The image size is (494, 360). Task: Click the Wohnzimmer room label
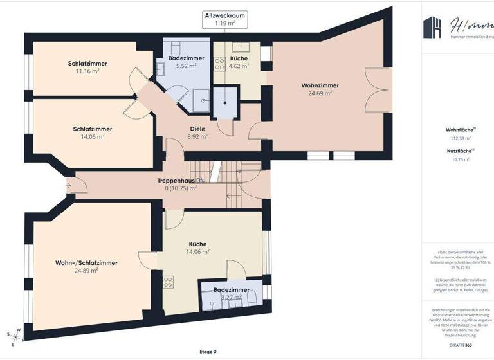[x=320, y=85]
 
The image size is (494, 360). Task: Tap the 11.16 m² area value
[x=87, y=71]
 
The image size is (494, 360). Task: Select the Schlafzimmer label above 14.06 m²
[x=92, y=129]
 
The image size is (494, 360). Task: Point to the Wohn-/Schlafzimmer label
[x=86, y=263]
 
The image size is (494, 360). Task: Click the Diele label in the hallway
[x=197, y=129]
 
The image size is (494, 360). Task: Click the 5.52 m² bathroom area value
[x=185, y=66]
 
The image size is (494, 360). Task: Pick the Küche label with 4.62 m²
[x=239, y=58]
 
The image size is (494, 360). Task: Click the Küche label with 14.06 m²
[x=197, y=244]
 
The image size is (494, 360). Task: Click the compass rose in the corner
[x=15, y=334]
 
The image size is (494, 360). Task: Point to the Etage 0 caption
[x=208, y=352]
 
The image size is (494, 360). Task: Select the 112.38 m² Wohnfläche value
[x=461, y=138]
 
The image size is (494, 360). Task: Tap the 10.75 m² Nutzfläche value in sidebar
[x=461, y=159]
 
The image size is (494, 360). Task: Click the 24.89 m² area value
[x=86, y=271]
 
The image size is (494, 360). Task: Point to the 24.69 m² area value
[x=320, y=93]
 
